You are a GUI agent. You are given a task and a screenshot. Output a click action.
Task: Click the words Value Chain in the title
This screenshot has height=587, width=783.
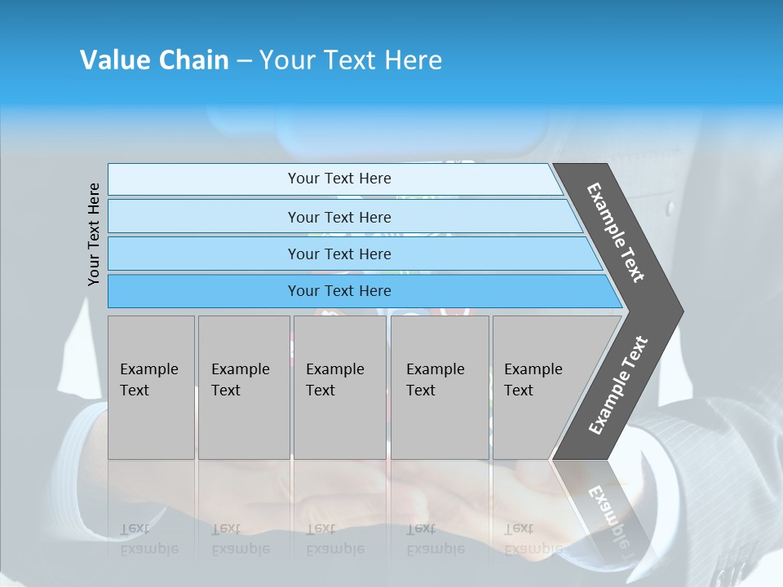tap(154, 60)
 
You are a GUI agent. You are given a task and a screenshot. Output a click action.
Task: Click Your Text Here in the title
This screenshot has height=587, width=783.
tap(351, 60)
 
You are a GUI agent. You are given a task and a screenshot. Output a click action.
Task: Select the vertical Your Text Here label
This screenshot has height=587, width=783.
tap(94, 234)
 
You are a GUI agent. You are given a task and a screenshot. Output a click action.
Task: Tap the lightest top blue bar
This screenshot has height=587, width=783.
tap(338, 179)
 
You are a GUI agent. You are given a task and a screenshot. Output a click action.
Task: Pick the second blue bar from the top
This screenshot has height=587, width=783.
tap(338, 217)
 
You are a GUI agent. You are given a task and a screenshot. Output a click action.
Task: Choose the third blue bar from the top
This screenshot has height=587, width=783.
tap(338, 254)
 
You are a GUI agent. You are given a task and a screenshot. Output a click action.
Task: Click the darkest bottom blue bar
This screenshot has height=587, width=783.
tap(338, 291)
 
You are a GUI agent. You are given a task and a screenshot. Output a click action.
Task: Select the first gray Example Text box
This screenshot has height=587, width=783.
tap(151, 387)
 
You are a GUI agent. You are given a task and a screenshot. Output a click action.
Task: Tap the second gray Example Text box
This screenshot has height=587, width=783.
tap(243, 387)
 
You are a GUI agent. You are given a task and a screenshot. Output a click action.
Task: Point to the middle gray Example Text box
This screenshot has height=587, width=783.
tap(339, 387)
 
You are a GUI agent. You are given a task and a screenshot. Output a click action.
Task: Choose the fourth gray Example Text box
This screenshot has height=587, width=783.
tap(439, 387)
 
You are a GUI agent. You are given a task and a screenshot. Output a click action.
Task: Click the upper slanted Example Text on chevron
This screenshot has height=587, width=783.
tap(616, 232)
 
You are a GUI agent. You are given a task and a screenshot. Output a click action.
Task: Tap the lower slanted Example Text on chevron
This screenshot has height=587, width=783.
tap(618, 386)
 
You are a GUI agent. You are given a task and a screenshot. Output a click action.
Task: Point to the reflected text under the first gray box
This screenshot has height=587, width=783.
tap(148, 539)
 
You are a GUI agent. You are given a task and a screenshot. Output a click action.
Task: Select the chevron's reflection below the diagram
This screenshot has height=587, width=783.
tap(604, 505)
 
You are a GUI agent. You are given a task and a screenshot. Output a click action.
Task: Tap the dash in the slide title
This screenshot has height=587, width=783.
tap(244, 61)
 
